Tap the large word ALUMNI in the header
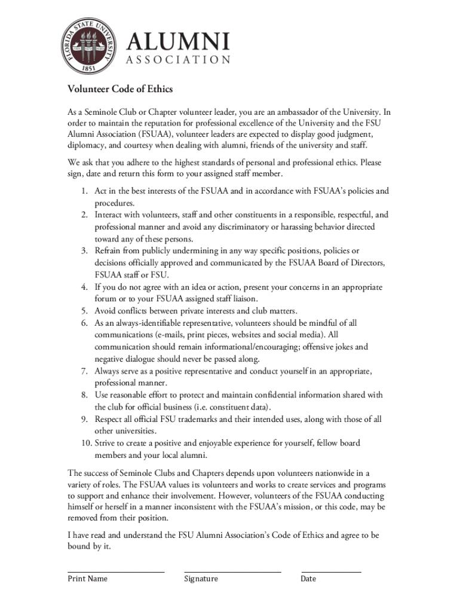[178, 42]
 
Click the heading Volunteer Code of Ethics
[120, 89]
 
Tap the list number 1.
[85, 191]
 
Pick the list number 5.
[85, 311]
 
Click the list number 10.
[82, 443]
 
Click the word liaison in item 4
[244, 299]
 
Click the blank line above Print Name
[116, 571]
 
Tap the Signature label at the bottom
[201, 579]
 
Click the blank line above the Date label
[331, 571]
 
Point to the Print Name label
[88, 579]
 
